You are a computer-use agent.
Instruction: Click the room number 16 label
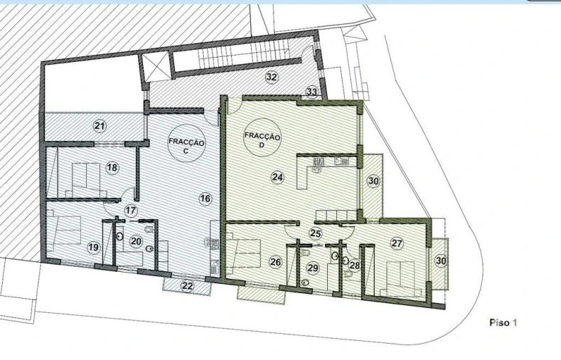pos(205,198)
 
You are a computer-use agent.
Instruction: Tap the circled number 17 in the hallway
pos(131,211)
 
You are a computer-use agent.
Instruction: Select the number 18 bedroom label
pos(112,168)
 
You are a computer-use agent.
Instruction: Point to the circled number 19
pos(93,247)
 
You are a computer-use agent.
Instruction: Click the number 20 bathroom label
pos(136,242)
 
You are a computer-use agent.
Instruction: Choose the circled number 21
pos(100,126)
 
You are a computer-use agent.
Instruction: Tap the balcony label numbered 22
pos(187,285)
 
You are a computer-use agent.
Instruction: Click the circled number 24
pos(278,176)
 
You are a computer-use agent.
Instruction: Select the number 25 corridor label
pos(315,233)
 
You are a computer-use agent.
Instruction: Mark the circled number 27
pos(397,243)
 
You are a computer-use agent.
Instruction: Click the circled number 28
pos(355,265)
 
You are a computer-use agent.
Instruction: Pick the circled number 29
pos(313,268)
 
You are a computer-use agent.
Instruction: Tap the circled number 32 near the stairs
pos(271,76)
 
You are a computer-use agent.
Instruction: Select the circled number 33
pos(311,92)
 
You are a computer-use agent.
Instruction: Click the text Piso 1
pos(503,322)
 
